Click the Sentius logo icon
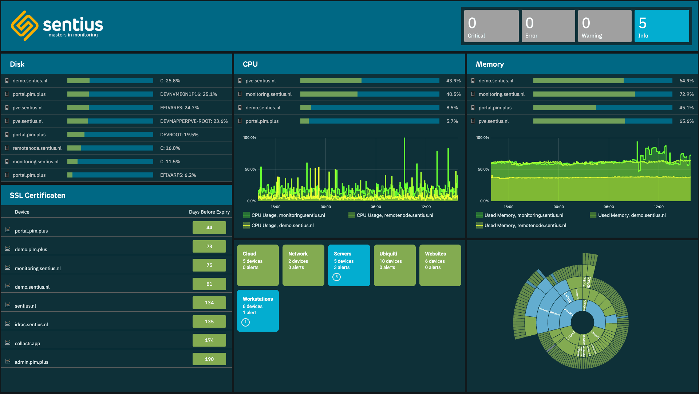pyautogui.click(x=24, y=26)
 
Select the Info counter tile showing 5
pyautogui.click(x=662, y=26)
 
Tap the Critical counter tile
pyautogui.click(x=491, y=26)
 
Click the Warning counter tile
pyautogui.click(x=604, y=26)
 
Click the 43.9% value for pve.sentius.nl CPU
pyautogui.click(x=453, y=81)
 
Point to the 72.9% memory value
pyautogui.click(x=686, y=94)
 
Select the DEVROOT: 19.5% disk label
pyautogui.click(x=179, y=135)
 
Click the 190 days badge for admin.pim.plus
pyautogui.click(x=209, y=359)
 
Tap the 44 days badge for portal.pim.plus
pyautogui.click(x=209, y=228)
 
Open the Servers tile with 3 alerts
pyautogui.click(x=349, y=265)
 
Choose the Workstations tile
pyautogui.click(x=258, y=311)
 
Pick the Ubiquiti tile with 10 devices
pyautogui.click(x=394, y=265)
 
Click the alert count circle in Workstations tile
pyautogui.click(x=246, y=323)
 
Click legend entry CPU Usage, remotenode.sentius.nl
pyautogui.click(x=395, y=215)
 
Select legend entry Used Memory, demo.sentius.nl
pyautogui.click(x=632, y=215)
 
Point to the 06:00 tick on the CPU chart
pyautogui.click(x=376, y=207)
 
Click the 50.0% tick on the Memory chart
pyautogui.click(x=483, y=169)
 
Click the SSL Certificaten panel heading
pyautogui.click(x=37, y=196)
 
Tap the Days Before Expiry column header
pyautogui.click(x=209, y=212)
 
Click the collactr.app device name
pyautogui.click(x=27, y=344)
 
